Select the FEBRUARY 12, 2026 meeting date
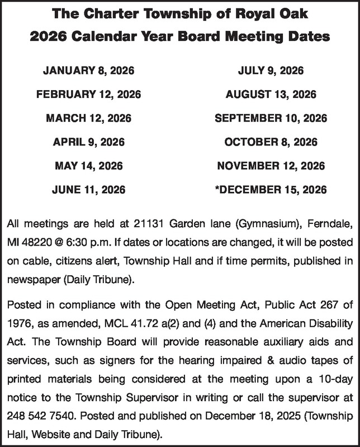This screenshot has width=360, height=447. tap(88, 95)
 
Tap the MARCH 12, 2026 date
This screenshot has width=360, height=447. tap(88, 119)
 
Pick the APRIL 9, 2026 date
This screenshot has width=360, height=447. tap(88, 142)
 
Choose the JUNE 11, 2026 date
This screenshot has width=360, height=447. tap(88, 190)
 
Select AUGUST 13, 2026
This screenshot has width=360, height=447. tap(271, 95)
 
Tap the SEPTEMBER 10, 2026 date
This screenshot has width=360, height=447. tap(271, 119)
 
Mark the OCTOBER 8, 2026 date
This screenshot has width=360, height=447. tap(271, 142)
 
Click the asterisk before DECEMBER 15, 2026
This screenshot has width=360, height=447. tap(216, 189)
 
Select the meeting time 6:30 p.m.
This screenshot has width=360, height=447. tap(77, 244)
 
